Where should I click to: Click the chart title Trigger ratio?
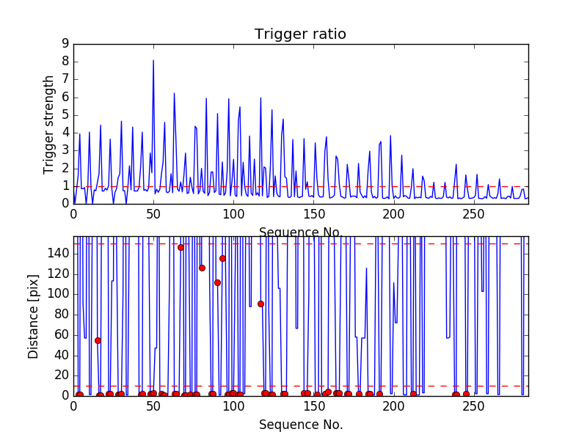tap(300, 34)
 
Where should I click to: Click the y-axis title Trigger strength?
tap(49, 125)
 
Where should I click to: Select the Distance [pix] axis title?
tap(34, 317)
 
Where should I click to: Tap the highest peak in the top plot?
tap(153, 60)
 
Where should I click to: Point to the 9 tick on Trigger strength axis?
tap(65, 44)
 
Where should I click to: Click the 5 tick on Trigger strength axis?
tap(65, 115)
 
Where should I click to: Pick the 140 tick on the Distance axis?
tap(60, 254)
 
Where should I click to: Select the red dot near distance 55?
tap(98, 340)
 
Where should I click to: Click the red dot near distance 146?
tap(181, 247)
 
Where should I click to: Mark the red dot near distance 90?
tap(260, 304)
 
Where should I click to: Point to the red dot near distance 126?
tap(202, 268)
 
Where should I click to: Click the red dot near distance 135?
tap(222, 258)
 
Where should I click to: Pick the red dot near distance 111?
tap(217, 282)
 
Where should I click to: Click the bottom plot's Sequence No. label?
tap(300, 425)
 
